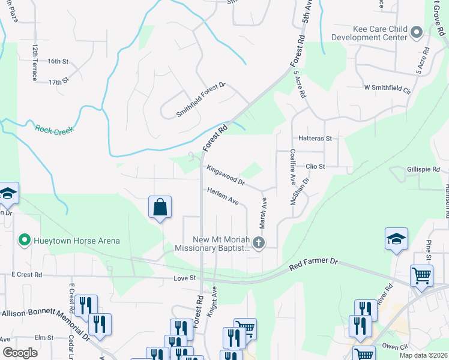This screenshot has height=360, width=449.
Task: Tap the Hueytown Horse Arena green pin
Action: (x=25, y=241)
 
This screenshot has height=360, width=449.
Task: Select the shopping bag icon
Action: (x=160, y=208)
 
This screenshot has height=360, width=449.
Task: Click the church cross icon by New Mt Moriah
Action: (x=259, y=242)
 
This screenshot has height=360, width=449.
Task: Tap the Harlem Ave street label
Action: (x=223, y=196)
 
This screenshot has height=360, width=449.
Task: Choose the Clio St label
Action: (x=315, y=166)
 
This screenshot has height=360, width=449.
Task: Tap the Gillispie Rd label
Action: (x=423, y=170)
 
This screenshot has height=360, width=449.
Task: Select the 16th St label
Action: (x=58, y=61)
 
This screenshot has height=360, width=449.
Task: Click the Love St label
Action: (x=185, y=278)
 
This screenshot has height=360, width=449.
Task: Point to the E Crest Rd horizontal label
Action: (x=26, y=275)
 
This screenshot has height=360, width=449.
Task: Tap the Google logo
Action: (x=20, y=353)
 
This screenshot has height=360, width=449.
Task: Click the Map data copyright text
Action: (x=424, y=355)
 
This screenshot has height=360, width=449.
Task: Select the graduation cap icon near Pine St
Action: (x=396, y=239)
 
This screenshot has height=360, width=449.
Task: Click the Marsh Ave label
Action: (x=263, y=214)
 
